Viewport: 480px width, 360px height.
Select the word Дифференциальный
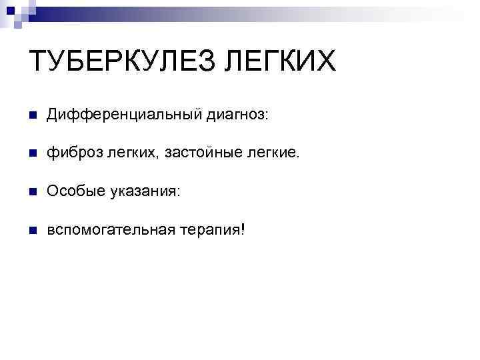(x=121, y=115)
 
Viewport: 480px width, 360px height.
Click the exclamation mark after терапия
(x=243, y=229)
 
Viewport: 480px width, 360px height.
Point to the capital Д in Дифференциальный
(x=53, y=115)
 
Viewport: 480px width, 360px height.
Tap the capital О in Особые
(x=51, y=191)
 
